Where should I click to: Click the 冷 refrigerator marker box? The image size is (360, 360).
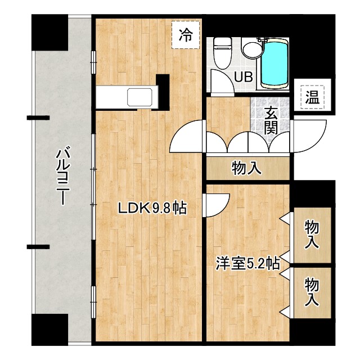(x=185, y=35)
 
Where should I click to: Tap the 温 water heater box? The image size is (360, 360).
(x=312, y=97)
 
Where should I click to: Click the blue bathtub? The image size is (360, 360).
(x=275, y=64)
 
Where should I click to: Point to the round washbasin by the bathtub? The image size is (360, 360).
(x=251, y=49)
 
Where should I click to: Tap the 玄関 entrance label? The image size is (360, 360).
(x=271, y=120)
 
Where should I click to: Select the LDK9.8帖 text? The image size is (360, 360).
(x=152, y=208)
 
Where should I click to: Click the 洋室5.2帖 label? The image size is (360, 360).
(x=248, y=263)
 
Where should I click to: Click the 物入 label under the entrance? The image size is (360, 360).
(x=246, y=167)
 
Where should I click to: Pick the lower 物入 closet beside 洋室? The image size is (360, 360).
(x=312, y=291)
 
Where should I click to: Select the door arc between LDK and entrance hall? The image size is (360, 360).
(x=187, y=138)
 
